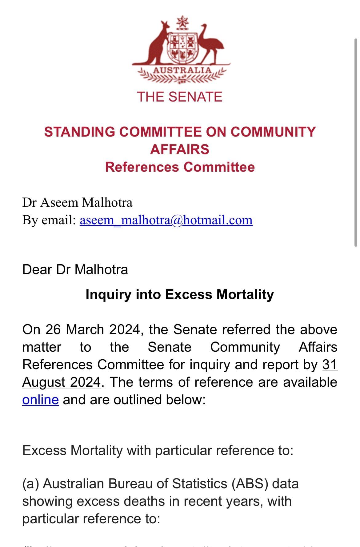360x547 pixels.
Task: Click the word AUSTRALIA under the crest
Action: pos(182,70)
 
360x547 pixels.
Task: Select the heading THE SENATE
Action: pos(180,97)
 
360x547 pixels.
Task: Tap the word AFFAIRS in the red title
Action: pos(180,150)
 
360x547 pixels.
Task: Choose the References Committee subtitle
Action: pos(180,167)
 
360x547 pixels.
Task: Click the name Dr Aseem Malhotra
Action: pos(77,202)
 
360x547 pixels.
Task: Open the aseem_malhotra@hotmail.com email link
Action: pos(166,220)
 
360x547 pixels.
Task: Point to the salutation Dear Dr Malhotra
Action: pos(75,270)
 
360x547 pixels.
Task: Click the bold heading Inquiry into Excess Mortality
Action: pos(180,294)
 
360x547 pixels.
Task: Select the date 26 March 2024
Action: pos(94,330)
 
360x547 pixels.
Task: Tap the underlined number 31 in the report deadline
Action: pos(330,365)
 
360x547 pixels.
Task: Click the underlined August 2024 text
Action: pos(61,382)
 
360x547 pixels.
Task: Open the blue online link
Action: pos(40,400)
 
